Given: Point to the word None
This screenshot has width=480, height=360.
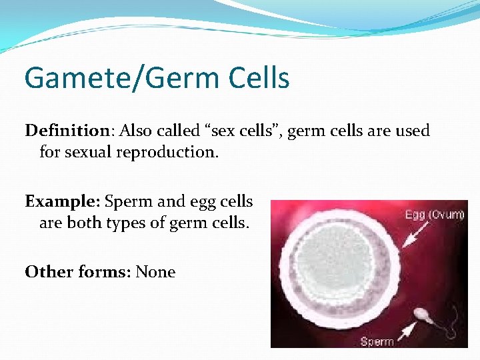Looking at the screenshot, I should pyautogui.click(x=155, y=272).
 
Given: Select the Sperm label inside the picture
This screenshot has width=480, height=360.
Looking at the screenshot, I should pyautogui.click(x=377, y=342).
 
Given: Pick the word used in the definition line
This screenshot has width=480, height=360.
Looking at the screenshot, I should pyautogui.click(x=413, y=131).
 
